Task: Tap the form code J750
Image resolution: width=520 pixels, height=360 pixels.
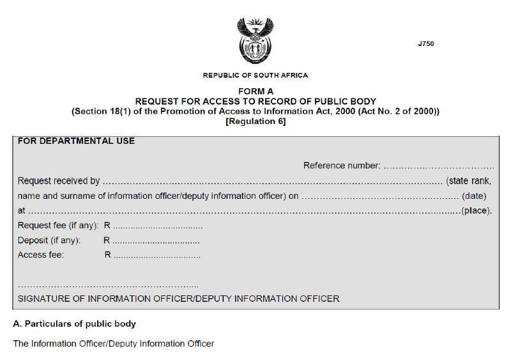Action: pos(425,44)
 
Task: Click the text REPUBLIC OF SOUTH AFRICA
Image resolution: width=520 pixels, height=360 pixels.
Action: pos(255,75)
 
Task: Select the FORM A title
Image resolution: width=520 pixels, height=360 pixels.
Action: pos(256,91)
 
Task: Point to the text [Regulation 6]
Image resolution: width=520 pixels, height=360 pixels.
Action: pos(256,121)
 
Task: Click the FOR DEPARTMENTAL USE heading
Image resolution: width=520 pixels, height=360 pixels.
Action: pos(76,141)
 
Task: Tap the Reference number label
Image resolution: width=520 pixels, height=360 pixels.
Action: pos(342,166)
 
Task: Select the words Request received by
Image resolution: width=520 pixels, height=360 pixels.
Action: pos(59,181)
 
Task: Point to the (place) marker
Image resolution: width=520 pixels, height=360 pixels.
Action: pos(477,210)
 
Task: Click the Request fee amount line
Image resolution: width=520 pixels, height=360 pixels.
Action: pos(158,226)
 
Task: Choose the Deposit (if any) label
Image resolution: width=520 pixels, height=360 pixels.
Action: pos(49,240)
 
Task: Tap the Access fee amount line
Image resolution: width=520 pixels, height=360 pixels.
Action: pos(157,256)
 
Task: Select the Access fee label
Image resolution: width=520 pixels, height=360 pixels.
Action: pos(41,254)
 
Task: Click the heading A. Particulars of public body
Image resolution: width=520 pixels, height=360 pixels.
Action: pos(74,324)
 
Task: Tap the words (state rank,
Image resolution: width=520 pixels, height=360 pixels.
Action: pos(468,181)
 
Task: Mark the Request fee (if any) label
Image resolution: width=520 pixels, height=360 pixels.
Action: pos(58,226)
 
